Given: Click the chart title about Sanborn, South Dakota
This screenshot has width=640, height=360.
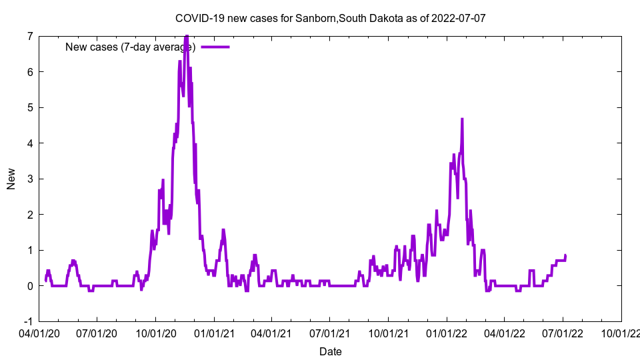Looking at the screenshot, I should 330,18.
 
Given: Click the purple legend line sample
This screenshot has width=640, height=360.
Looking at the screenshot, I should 215,47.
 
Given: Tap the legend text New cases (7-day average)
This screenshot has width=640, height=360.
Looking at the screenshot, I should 130,47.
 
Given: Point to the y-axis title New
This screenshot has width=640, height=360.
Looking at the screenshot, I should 11,179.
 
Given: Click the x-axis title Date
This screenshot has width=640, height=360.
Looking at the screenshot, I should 330,351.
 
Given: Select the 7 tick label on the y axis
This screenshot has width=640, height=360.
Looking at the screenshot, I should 30,36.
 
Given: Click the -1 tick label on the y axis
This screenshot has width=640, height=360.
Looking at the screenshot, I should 28,321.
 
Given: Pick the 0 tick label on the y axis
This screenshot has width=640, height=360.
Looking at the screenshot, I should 30,286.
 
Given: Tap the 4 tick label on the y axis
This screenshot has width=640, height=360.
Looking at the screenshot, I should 30,143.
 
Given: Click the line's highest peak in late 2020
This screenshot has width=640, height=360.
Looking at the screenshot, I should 187,37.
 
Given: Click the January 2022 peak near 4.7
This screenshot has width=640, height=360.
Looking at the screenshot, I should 461,119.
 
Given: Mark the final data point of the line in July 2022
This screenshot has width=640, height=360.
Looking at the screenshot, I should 565,255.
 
